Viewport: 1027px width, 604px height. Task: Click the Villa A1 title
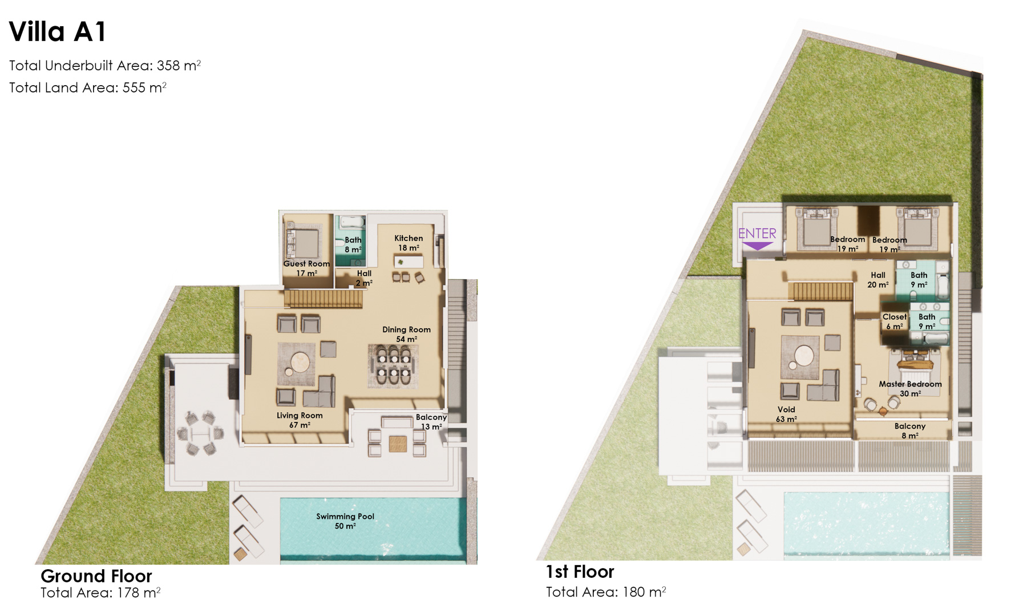point(58,32)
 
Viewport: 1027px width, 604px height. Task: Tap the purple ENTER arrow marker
point(757,246)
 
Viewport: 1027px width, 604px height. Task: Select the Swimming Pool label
point(345,521)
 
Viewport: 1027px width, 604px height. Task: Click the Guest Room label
point(306,268)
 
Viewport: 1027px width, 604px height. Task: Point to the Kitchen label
point(409,243)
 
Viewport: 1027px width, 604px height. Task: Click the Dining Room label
point(406,334)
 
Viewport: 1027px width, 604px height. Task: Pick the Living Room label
point(300,420)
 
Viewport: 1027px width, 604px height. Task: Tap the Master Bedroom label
point(910,389)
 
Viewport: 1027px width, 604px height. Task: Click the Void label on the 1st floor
point(786,414)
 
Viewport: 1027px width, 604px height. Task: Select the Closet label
point(894,321)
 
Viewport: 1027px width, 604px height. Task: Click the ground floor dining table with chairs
point(393,365)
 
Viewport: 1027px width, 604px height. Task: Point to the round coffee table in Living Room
point(300,362)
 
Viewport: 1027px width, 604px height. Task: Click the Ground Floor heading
point(96,575)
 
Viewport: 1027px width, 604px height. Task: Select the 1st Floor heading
point(580,571)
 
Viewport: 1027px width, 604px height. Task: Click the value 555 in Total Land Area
point(134,87)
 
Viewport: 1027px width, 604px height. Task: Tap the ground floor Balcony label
point(431,422)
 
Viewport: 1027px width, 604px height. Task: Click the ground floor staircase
point(324,299)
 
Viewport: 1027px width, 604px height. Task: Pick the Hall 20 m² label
point(878,280)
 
